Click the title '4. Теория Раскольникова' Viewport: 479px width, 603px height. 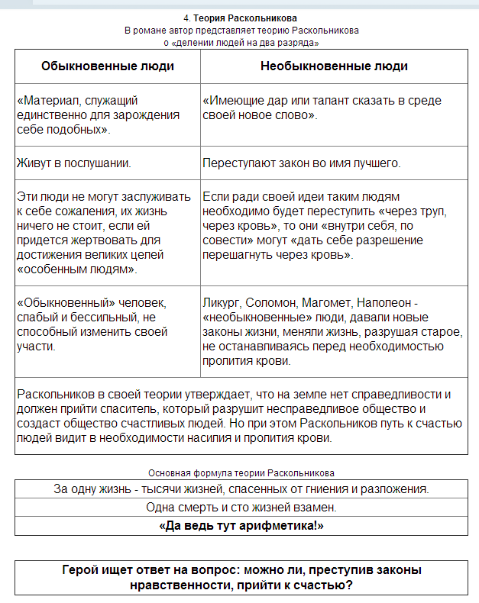click(241, 18)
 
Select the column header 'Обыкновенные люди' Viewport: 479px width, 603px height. click(107, 66)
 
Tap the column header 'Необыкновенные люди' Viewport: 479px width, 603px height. click(334, 66)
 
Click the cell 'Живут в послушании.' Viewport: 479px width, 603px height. click(73, 163)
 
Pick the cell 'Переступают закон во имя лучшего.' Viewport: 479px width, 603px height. click(302, 163)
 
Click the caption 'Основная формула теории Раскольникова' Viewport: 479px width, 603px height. click(241, 473)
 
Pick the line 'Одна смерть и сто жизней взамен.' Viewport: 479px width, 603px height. click(241, 508)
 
